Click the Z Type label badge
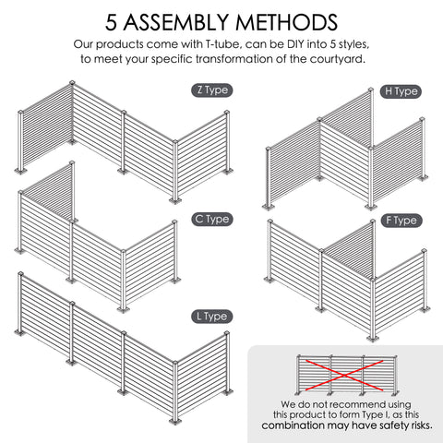click(x=212, y=90)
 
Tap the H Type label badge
click(x=401, y=91)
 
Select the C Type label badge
click(x=212, y=220)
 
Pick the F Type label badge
click(x=401, y=221)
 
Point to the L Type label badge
click(x=212, y=317)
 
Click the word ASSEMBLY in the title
click(x=176, y=22)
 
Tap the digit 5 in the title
click(x=112, y=22)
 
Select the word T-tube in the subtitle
click(x=221, y=44)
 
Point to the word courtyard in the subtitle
click(x=337, y=59)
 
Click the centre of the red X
click(x=344, y=375)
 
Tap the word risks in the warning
click(x=422, y=425)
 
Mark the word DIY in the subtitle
click(x=295, y=44)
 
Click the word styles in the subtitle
click(x=353, y=45)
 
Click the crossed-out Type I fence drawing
click(x=347, y=375)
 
